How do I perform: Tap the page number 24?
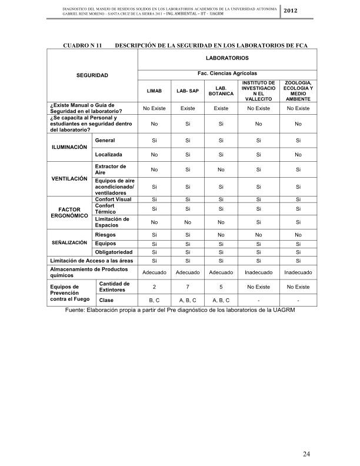pyautogui.click(x=306, y=454)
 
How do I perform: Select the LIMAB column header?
pyautogui.click(x=154, y=91)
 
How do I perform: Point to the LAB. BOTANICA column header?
pyautogui.click(x=221, y=91)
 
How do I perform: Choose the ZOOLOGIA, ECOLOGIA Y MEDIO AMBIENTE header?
pyautogui.click(x=298, y=91)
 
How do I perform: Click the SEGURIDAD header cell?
pyautogui.click(x=92, y=75)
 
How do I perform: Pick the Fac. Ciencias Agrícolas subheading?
pyautogui.click(x=226, y=73)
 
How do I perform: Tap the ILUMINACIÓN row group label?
pyautogui.click(x=71, y=147)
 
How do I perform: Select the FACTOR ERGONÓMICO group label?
pyautogui.click(x=70, y=212)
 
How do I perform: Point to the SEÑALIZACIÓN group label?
pyautogui.click(x=71, y=242)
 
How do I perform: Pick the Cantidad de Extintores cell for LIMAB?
pyautogui.click(x=154, y=287)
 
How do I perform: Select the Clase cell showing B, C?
pyautogui.click(x=154, y=301)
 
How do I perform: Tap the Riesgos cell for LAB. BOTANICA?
pyautogui.click(x=221, y=235)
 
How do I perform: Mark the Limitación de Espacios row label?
pyautogui.click(x=112, y=222)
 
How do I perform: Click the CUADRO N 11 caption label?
pyautogui.click(x=82, y=45)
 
